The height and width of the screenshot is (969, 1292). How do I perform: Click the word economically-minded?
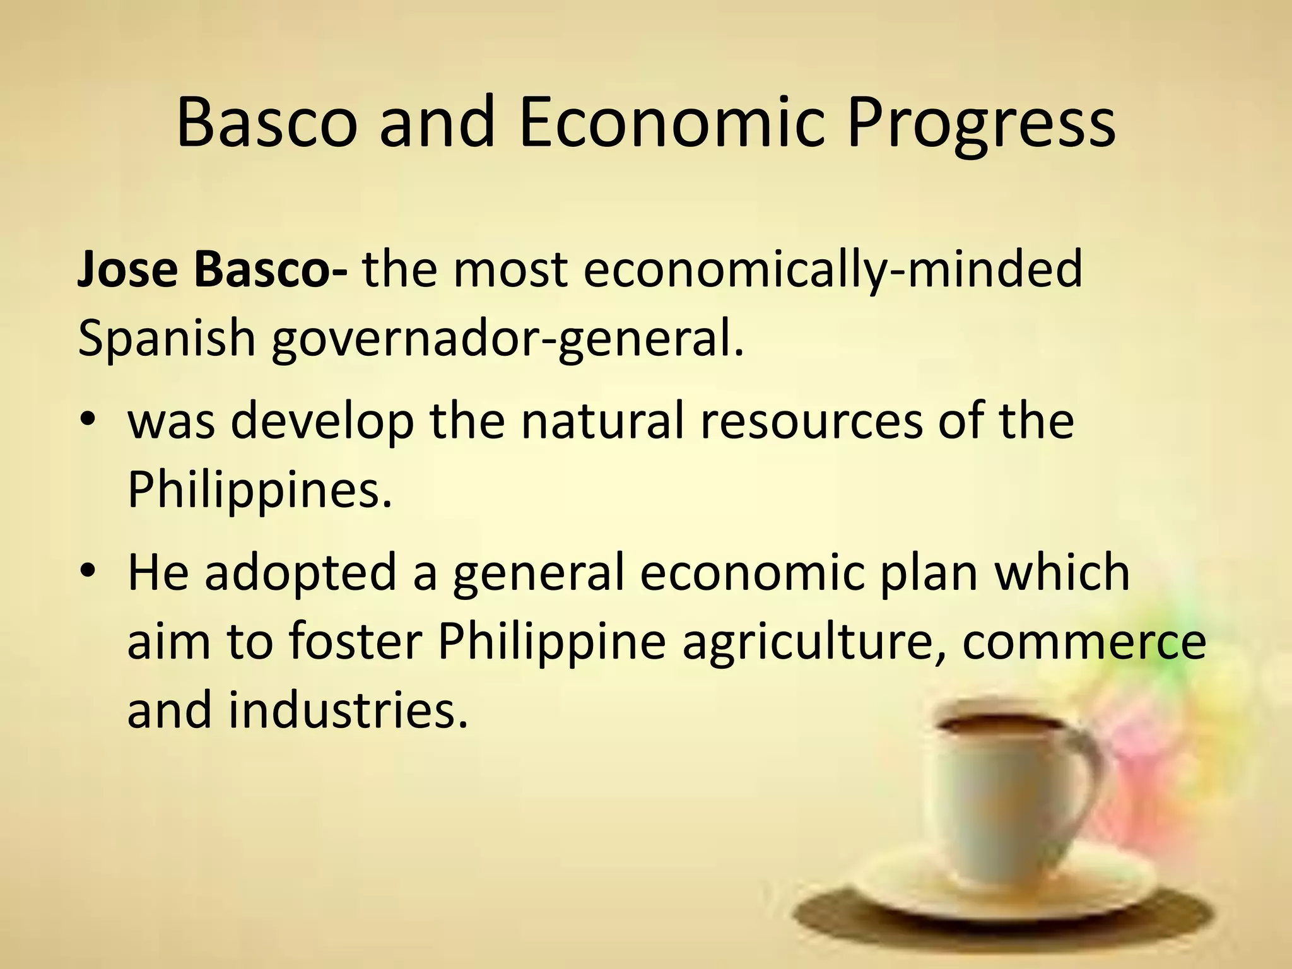[832, 270]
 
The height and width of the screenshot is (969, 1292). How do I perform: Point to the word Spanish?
[166, 338]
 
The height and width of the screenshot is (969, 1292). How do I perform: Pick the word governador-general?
[508, 339]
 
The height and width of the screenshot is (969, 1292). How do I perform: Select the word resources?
[811, 421]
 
